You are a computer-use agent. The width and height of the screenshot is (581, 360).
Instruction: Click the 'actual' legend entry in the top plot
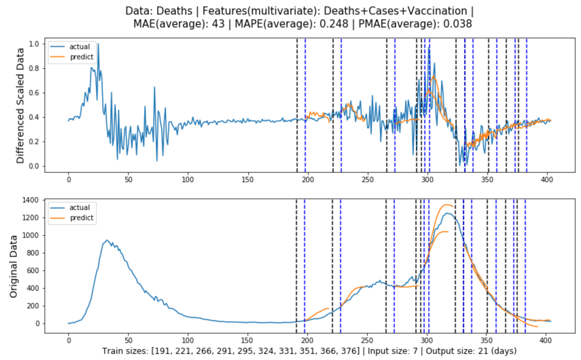pyautogui.click(x=79, y=47)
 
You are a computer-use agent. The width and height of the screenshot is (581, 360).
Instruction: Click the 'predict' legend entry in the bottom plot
pyautogui.click(x=81, y=218)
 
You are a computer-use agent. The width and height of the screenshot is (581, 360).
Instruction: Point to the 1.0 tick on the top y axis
pyautogui.click(x=34, y=44)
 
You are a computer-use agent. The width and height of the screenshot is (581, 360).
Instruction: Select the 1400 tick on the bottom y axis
pyautogui.click(x=30, y=200)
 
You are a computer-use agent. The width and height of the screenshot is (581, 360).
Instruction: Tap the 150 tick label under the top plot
pyautogui.click(x=248, y=179)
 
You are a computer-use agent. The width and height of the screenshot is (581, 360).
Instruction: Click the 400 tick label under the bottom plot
pyautogui.click(x=546, y=341)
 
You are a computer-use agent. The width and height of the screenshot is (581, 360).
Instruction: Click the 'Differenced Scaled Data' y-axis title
pyautogui.click(x=20, y=106)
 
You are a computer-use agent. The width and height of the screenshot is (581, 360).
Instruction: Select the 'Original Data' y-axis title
pyautogui.click(x=14, y=266)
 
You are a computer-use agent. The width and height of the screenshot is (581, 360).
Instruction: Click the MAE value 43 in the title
pyautogui.click(x=218, y=24)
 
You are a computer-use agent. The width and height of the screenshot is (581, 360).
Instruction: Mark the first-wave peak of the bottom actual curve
pyautogui.click(x=107, y=240)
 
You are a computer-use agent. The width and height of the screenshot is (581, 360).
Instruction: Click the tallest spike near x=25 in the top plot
pyautogui.click(x=98, y=43)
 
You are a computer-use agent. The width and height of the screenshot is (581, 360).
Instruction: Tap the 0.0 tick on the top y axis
pyautogui.click(x=34, y=166)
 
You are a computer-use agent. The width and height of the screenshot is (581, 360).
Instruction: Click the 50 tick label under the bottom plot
pyautogui.click(x=128, y=341)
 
